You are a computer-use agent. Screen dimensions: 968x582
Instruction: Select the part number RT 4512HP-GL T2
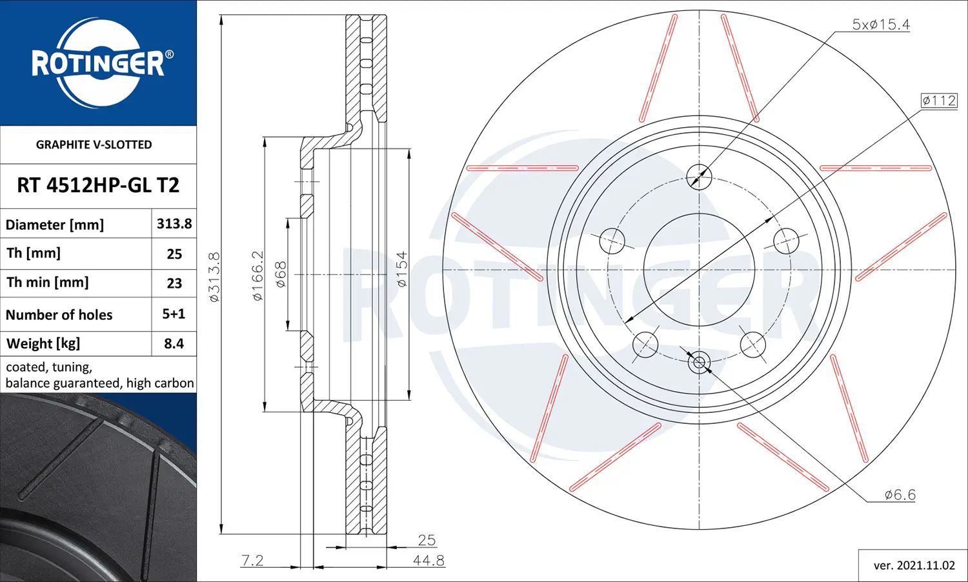point(98,185)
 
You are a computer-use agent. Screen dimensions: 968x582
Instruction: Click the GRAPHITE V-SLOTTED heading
point(94,145)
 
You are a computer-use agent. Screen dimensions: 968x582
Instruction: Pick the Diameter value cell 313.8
point(174,223)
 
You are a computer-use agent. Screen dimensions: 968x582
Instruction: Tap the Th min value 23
point(174,283)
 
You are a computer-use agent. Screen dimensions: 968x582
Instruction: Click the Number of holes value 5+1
point(174,314)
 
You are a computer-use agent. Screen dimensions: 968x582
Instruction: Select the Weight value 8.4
point(174,343)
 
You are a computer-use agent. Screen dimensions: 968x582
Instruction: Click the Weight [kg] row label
point(43,343)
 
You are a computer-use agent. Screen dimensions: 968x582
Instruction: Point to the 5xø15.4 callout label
point(881,25)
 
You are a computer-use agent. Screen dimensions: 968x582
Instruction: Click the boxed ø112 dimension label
point(938,101)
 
